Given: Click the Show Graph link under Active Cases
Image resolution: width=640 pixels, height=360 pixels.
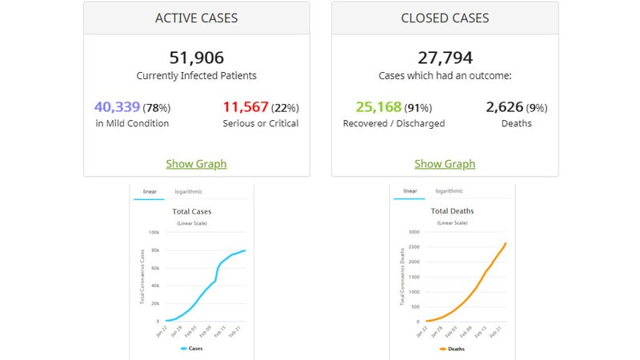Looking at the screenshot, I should tap(196, 164).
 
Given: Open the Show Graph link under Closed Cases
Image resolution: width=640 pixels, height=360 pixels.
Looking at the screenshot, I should tap(445, 164).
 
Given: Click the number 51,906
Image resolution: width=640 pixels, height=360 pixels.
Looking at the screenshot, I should tap(196, 58).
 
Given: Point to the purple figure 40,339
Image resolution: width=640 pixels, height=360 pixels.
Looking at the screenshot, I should tap(118, 107).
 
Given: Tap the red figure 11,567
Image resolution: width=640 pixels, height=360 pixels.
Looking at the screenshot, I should tap(246, 107).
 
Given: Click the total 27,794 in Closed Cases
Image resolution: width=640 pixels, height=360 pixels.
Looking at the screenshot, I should tap(445, 58).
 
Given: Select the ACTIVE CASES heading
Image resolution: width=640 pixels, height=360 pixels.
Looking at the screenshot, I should tap(196, 18).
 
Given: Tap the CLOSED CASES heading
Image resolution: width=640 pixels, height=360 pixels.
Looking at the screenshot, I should tap(445, 18).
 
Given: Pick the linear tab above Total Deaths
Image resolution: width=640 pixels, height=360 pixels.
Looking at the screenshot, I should tap(410, 192).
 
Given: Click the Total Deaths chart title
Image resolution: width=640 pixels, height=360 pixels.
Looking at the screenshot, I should tap(452, 211).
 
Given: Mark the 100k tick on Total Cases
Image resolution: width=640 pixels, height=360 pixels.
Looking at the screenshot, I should tap(154, 233).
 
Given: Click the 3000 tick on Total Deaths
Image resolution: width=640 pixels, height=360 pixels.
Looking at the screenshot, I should tap(413, 233).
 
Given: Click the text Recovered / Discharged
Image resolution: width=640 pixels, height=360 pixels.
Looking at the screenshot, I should tap(394, 124).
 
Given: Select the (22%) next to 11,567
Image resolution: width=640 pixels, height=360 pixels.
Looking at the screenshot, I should tap(285, 108).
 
